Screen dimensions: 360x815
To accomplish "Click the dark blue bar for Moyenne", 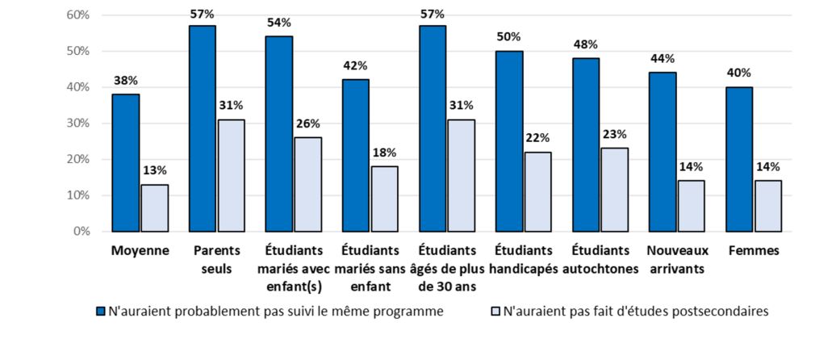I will tap(126, 163).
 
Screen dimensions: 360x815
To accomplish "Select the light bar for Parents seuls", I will tap(231, 175).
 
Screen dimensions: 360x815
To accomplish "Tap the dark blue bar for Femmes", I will tap(738, 159).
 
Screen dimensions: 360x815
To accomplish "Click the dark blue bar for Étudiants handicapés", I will tap(509, 141).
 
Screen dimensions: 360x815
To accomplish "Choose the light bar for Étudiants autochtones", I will tap(614, 190).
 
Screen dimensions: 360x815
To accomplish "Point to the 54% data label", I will tap(278, 23).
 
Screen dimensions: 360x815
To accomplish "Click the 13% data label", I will tap(154, 170).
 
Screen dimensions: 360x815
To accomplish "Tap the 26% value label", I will tap(307, 123).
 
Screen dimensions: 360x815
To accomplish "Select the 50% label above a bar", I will tap(509, 36).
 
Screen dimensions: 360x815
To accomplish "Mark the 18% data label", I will tap(384, 153).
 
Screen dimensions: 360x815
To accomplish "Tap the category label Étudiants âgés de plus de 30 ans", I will tap(448, 268).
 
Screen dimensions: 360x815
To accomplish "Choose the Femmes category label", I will tap(753, 250).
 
